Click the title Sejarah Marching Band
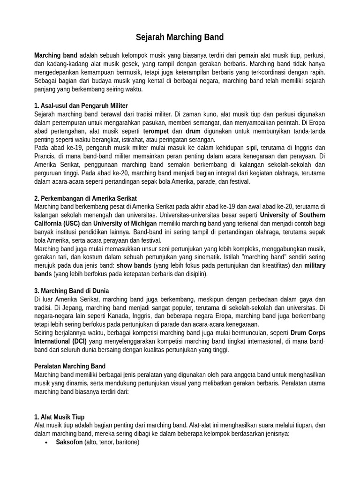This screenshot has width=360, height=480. pos(180,37)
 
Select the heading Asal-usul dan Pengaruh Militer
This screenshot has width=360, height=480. pos(81,105)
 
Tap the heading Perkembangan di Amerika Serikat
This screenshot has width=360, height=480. pos(86,198)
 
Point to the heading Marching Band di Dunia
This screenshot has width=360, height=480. pos(71,291)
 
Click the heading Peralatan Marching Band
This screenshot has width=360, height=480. pos(70,366)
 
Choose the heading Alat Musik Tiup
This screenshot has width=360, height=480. pos(60,417)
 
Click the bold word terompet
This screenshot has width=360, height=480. pos(156,131)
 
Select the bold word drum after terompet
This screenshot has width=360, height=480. pos(193,131)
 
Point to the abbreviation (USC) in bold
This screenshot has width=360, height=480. pos(71,224)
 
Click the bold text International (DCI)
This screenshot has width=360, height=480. pos(60,341)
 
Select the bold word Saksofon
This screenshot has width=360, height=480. pos(69,442)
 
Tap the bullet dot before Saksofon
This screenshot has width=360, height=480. pos(46,442)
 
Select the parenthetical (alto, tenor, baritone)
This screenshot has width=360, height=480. pos(112,442)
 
